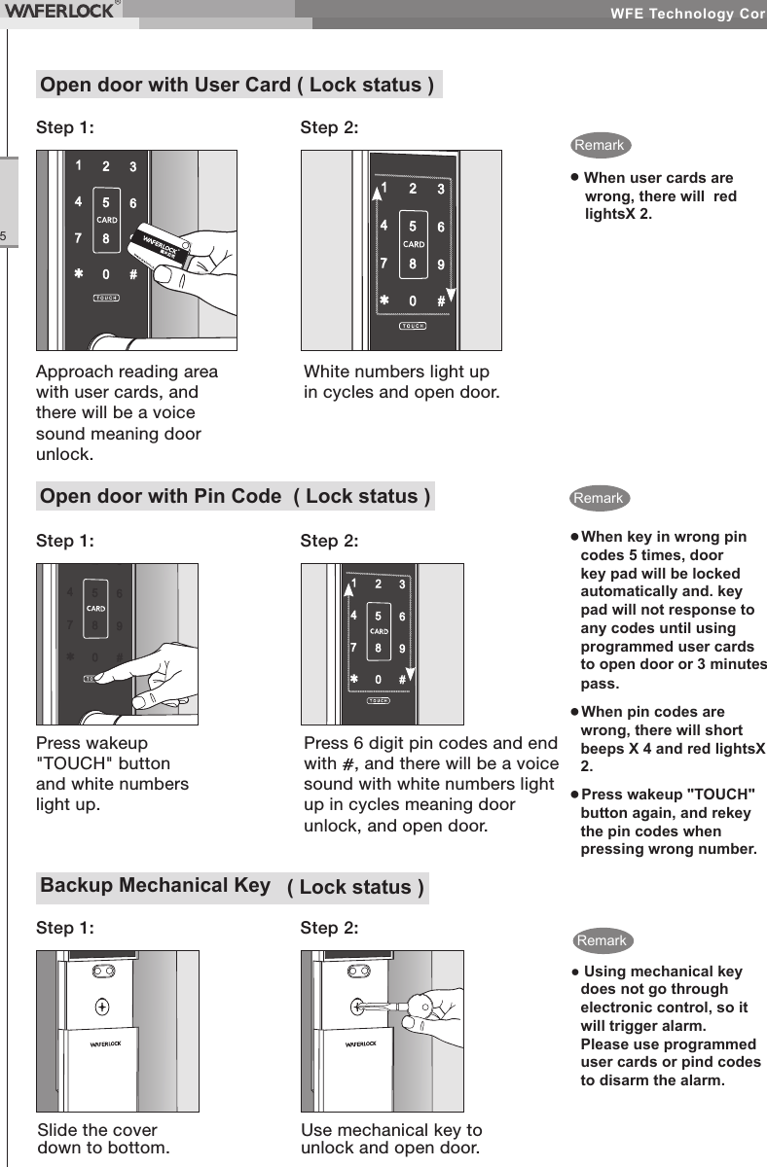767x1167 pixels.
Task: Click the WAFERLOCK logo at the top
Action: pos(61,11)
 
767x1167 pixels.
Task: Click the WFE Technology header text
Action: pos(687,14)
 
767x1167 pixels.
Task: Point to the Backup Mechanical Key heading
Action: pos(155,885)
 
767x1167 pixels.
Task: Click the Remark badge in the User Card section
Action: pos(600,145)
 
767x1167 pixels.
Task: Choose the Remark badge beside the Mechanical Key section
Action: pos(602,940)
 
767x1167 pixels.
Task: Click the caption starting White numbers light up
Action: pos(402,382)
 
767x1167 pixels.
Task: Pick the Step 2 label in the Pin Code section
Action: pos(329,540)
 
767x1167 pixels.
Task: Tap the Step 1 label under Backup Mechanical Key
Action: pos(65,928)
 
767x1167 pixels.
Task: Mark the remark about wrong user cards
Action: pos(659,195)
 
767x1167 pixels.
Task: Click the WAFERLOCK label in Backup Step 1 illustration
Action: pos(105,1044)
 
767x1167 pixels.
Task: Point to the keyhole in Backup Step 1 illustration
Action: pos(102,1007)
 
